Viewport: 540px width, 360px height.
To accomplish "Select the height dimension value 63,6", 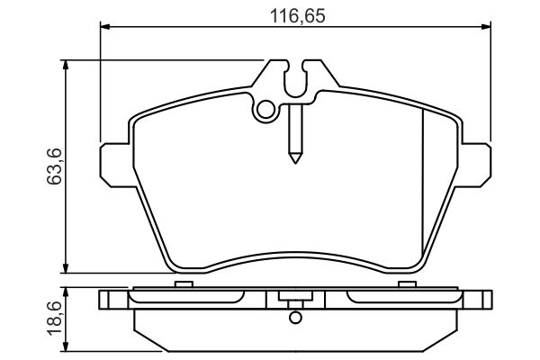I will coord(53,166).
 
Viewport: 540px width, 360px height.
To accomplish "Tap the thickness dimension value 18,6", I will coord(53,318).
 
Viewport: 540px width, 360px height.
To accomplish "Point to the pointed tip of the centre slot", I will coord(294,159).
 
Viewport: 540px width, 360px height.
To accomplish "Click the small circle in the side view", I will coord(294,317).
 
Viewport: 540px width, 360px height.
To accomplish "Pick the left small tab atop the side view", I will coord(184,284).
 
